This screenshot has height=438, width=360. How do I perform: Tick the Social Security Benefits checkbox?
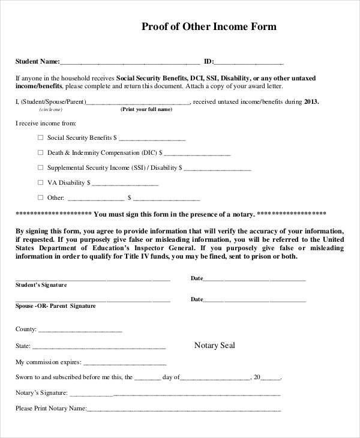point(41,137)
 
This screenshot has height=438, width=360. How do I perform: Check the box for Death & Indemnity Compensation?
point(41,152)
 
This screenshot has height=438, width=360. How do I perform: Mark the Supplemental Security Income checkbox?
point(41,167)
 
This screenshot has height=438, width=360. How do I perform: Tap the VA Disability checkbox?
point(41,182)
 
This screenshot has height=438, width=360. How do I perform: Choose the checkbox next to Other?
point(41,197)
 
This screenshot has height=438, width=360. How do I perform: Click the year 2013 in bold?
point(311,101)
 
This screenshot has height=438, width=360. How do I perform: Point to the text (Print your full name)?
point(146,110)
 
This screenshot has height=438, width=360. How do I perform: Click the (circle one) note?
point(50,110)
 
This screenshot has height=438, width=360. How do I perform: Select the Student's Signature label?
point(41,285)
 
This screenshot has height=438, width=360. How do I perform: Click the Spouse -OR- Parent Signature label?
point(55,306)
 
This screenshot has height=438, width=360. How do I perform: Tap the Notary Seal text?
point(215,346)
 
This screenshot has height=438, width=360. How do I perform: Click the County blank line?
point(80,331)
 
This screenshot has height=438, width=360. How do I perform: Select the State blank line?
point(99,347)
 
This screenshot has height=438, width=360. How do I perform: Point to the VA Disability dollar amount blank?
point(125,184)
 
